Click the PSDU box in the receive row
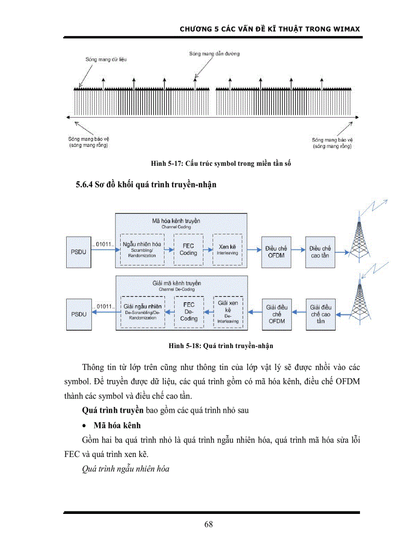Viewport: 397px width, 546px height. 79,314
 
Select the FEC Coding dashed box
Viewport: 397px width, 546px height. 188,249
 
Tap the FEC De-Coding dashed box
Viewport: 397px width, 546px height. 189,311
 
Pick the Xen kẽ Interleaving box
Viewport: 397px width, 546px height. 227,249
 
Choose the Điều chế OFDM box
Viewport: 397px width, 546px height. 276,251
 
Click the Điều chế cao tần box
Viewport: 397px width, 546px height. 320,251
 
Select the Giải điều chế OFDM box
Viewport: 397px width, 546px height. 276,314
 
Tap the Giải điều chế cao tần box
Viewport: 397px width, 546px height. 321,314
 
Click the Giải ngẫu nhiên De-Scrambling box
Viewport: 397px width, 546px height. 143,311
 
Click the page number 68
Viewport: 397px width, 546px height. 209,524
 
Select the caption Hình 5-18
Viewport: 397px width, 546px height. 221,346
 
